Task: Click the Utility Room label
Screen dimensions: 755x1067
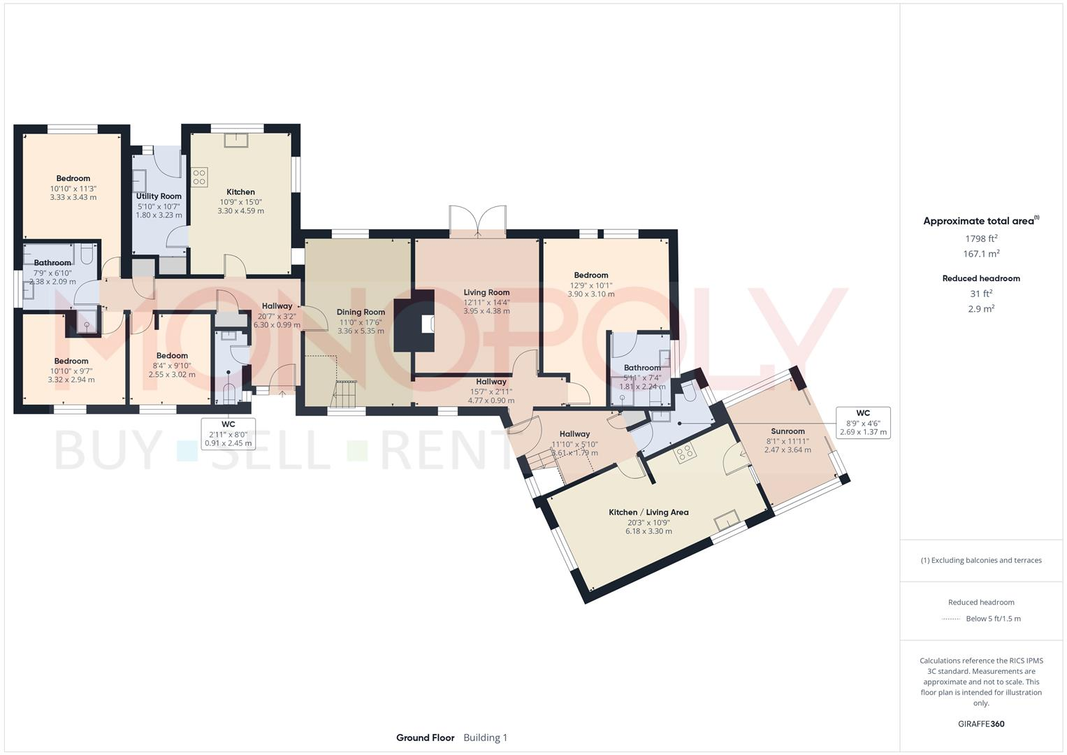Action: click(159, 196)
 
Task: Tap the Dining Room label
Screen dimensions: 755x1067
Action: click(361, 312)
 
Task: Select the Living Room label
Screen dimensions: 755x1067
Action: click(486, 292)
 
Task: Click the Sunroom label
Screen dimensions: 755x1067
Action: click(787, 431)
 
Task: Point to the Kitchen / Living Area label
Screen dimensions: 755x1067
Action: click(648, 512)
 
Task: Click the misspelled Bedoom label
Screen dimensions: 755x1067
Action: click(172, 356)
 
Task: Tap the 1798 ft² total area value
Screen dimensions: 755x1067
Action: click(981, 238)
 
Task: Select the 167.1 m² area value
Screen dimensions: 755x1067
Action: click(981, 254)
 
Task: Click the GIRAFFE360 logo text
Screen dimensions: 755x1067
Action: click(981, 724)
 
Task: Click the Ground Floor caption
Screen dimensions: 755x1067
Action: click(425, 738)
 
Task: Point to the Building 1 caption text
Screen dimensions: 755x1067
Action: click(486, 738)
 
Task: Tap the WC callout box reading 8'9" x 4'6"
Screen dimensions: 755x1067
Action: click(863, 422)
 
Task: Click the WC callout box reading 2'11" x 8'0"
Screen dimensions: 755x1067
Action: click(228, 433)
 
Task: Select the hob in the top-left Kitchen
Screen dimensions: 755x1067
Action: click(199, 177)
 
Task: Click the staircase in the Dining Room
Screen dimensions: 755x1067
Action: click(344, 396)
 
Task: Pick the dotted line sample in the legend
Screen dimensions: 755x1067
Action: click(951, 619)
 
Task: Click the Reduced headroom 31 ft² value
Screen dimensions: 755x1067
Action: click(981, 293)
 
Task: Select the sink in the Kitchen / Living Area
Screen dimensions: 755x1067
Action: click(726, 521)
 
